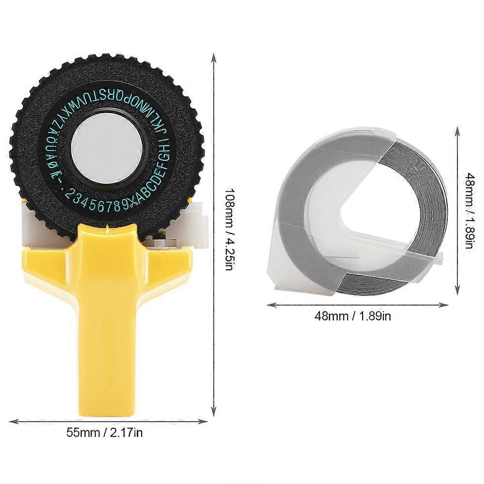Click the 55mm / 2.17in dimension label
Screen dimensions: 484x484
[x=105, y=432]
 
